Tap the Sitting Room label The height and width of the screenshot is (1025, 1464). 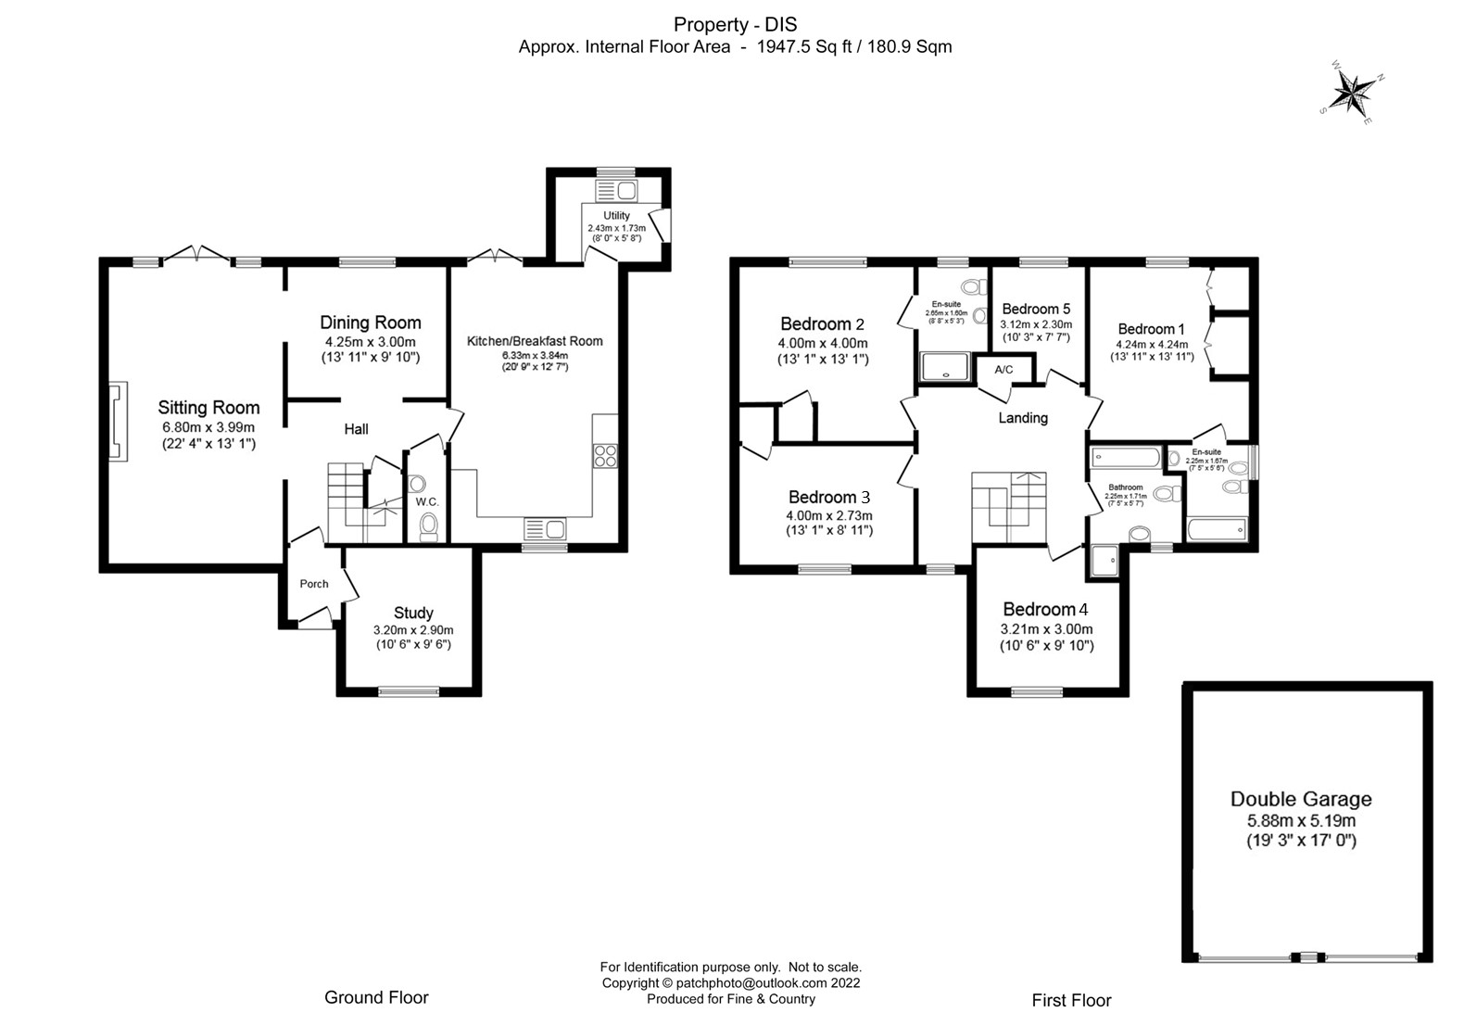208,407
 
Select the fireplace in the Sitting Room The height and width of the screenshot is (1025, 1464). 116,422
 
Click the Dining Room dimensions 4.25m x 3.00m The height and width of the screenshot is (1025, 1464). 370,342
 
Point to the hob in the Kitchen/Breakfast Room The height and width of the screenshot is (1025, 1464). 605,456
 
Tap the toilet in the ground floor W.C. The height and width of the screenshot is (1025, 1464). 428,525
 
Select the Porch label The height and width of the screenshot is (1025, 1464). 314,584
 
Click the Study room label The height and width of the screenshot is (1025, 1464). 413,613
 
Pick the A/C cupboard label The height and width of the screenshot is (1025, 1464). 1003,370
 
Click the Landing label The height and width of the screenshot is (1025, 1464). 1023,418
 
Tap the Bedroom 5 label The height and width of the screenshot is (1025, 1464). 1036,309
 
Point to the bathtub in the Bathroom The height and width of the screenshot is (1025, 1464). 1125,457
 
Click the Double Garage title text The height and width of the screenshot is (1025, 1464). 1301,799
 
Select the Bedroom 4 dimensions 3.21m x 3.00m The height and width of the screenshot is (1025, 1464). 1046,628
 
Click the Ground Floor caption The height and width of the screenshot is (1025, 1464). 376,997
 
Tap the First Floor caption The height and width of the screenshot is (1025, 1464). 1071,1000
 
